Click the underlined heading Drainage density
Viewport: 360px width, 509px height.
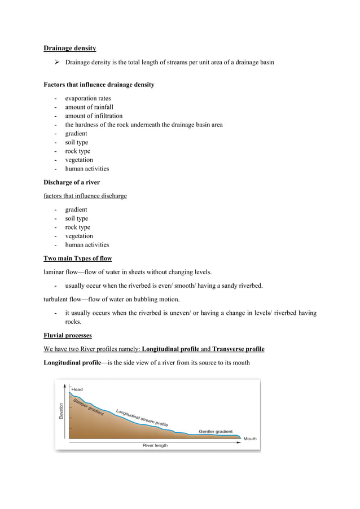tap(69, 49)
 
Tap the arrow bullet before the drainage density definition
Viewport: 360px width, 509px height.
tap(56, 63)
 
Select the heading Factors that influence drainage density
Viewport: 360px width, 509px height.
tap(99, 85)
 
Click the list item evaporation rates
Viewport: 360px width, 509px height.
tap(87, 98)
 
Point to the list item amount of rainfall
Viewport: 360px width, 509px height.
tap(89, 107)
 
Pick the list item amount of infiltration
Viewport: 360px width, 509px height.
tap(93, 116)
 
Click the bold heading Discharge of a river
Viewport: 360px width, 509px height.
tap(72, 182)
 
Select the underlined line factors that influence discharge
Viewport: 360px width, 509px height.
tap(85, 196)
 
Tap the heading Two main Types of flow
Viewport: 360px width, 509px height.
tap(78, 258)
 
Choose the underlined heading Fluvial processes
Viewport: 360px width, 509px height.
tap(68, 335)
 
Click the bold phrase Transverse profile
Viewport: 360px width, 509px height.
tap(238, 349)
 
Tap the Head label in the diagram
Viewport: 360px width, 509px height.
tap(77, 389)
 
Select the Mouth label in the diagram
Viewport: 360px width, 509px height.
tap(249, 438)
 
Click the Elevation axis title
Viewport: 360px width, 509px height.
tap(62, 410)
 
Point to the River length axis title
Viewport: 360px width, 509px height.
tap(154, 445)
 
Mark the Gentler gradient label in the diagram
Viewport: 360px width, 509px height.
tap(215, 431)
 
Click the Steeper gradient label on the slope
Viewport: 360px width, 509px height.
tap(89, 406)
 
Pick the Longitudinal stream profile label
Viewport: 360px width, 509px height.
tap(141, 417)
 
